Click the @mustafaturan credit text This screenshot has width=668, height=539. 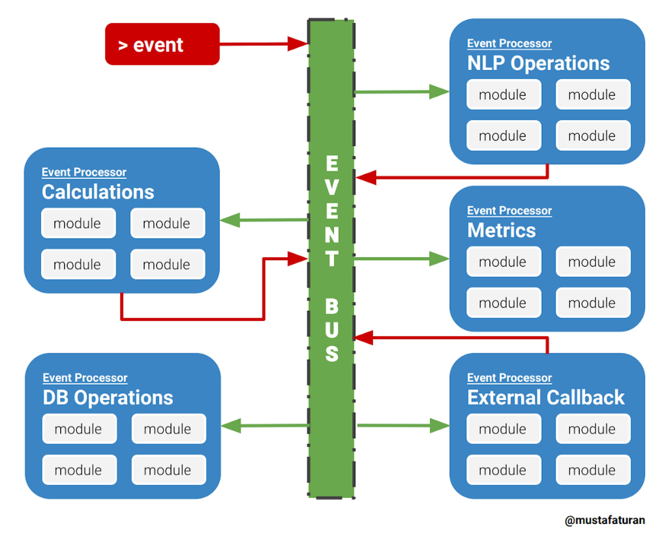[605, 520]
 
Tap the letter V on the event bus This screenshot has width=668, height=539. [332, 188]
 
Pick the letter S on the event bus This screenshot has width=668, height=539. [332, 354]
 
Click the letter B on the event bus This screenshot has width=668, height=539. [332, 306]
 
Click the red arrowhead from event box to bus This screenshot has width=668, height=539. [297, 44]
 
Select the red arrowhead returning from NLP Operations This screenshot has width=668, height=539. [366, 178]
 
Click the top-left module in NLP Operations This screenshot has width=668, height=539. [503, 94]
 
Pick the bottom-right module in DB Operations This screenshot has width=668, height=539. [169, 470]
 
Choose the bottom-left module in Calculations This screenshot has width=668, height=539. [78, 264]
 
